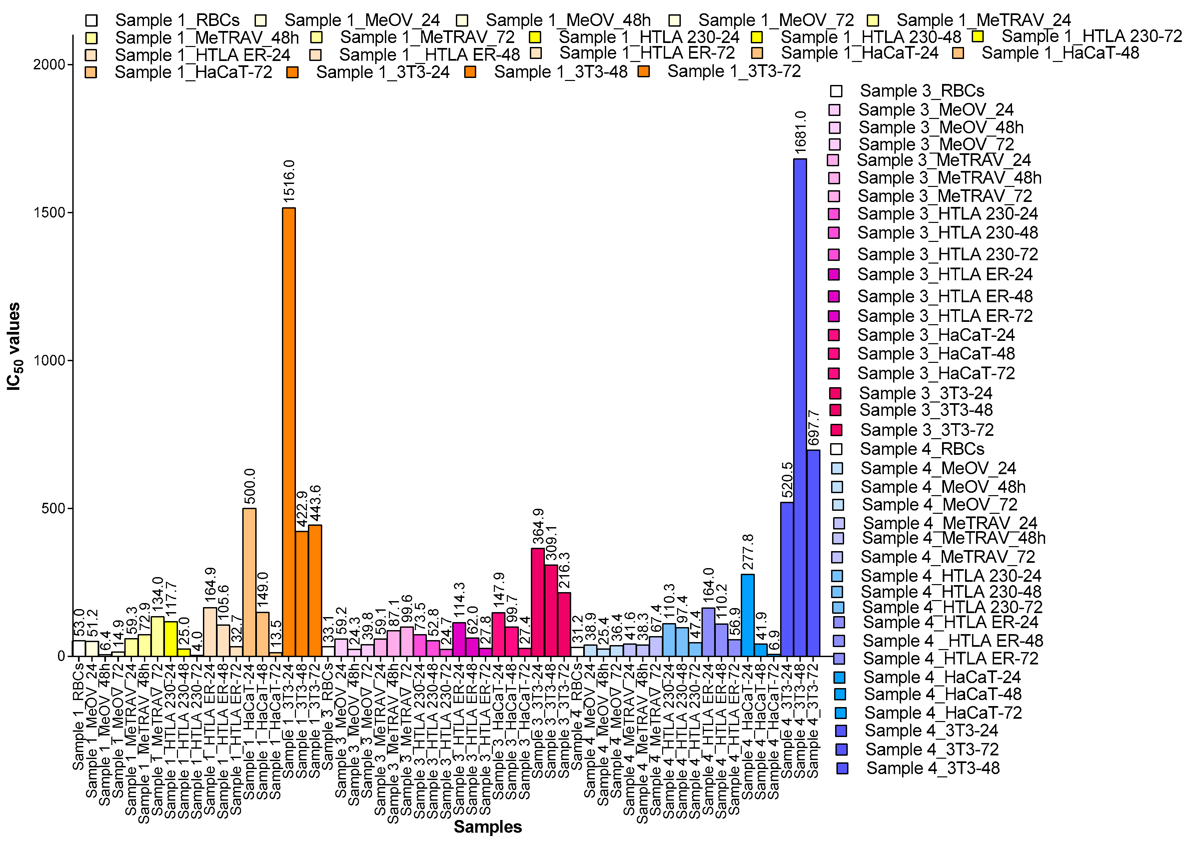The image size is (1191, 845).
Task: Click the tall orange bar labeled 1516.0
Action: [289, 432]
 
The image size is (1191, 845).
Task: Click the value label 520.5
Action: [787, 480]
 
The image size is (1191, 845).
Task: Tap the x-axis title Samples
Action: [488, 827]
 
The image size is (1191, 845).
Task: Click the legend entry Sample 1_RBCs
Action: [177, 20]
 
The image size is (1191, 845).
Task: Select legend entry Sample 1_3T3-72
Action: [734, 71]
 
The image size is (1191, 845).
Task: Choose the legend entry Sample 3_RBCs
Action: [921, 91]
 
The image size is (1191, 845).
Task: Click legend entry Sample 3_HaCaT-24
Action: [935, 335]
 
